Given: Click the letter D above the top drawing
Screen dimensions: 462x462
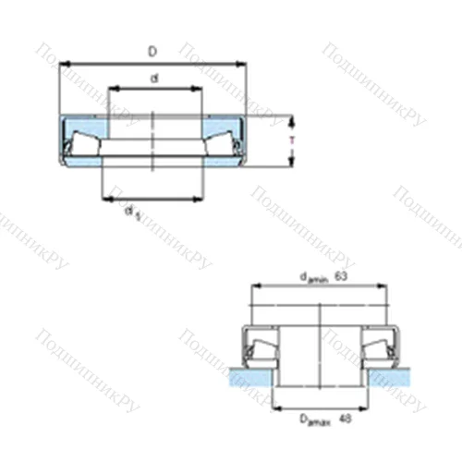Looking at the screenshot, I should point(152,53).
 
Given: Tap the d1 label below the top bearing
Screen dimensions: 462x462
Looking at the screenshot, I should point(134,213).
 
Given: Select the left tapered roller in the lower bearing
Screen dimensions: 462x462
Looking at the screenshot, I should point(258,348).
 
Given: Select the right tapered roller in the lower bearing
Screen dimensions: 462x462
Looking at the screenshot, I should point(379,348).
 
